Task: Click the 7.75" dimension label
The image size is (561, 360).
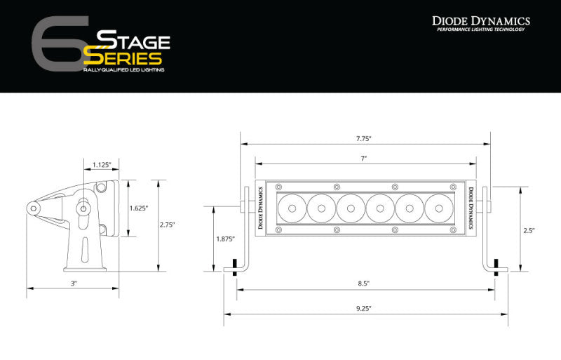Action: (364, 138)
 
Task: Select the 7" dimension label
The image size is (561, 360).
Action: (364, 159)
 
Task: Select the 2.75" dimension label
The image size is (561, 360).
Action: (167, 225)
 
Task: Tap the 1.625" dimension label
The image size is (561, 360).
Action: (139, 208)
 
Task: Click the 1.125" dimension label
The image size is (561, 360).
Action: (102, 166)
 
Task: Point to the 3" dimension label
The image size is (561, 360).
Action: (74, 283)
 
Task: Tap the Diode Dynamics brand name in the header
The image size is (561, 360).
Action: (480, 21)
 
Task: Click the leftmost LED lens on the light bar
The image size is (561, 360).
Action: (290, 208)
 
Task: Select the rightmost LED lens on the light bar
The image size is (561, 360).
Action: (438, 208)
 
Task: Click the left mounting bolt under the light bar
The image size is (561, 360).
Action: (234, 270)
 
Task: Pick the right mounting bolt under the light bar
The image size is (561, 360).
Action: (496, 270)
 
